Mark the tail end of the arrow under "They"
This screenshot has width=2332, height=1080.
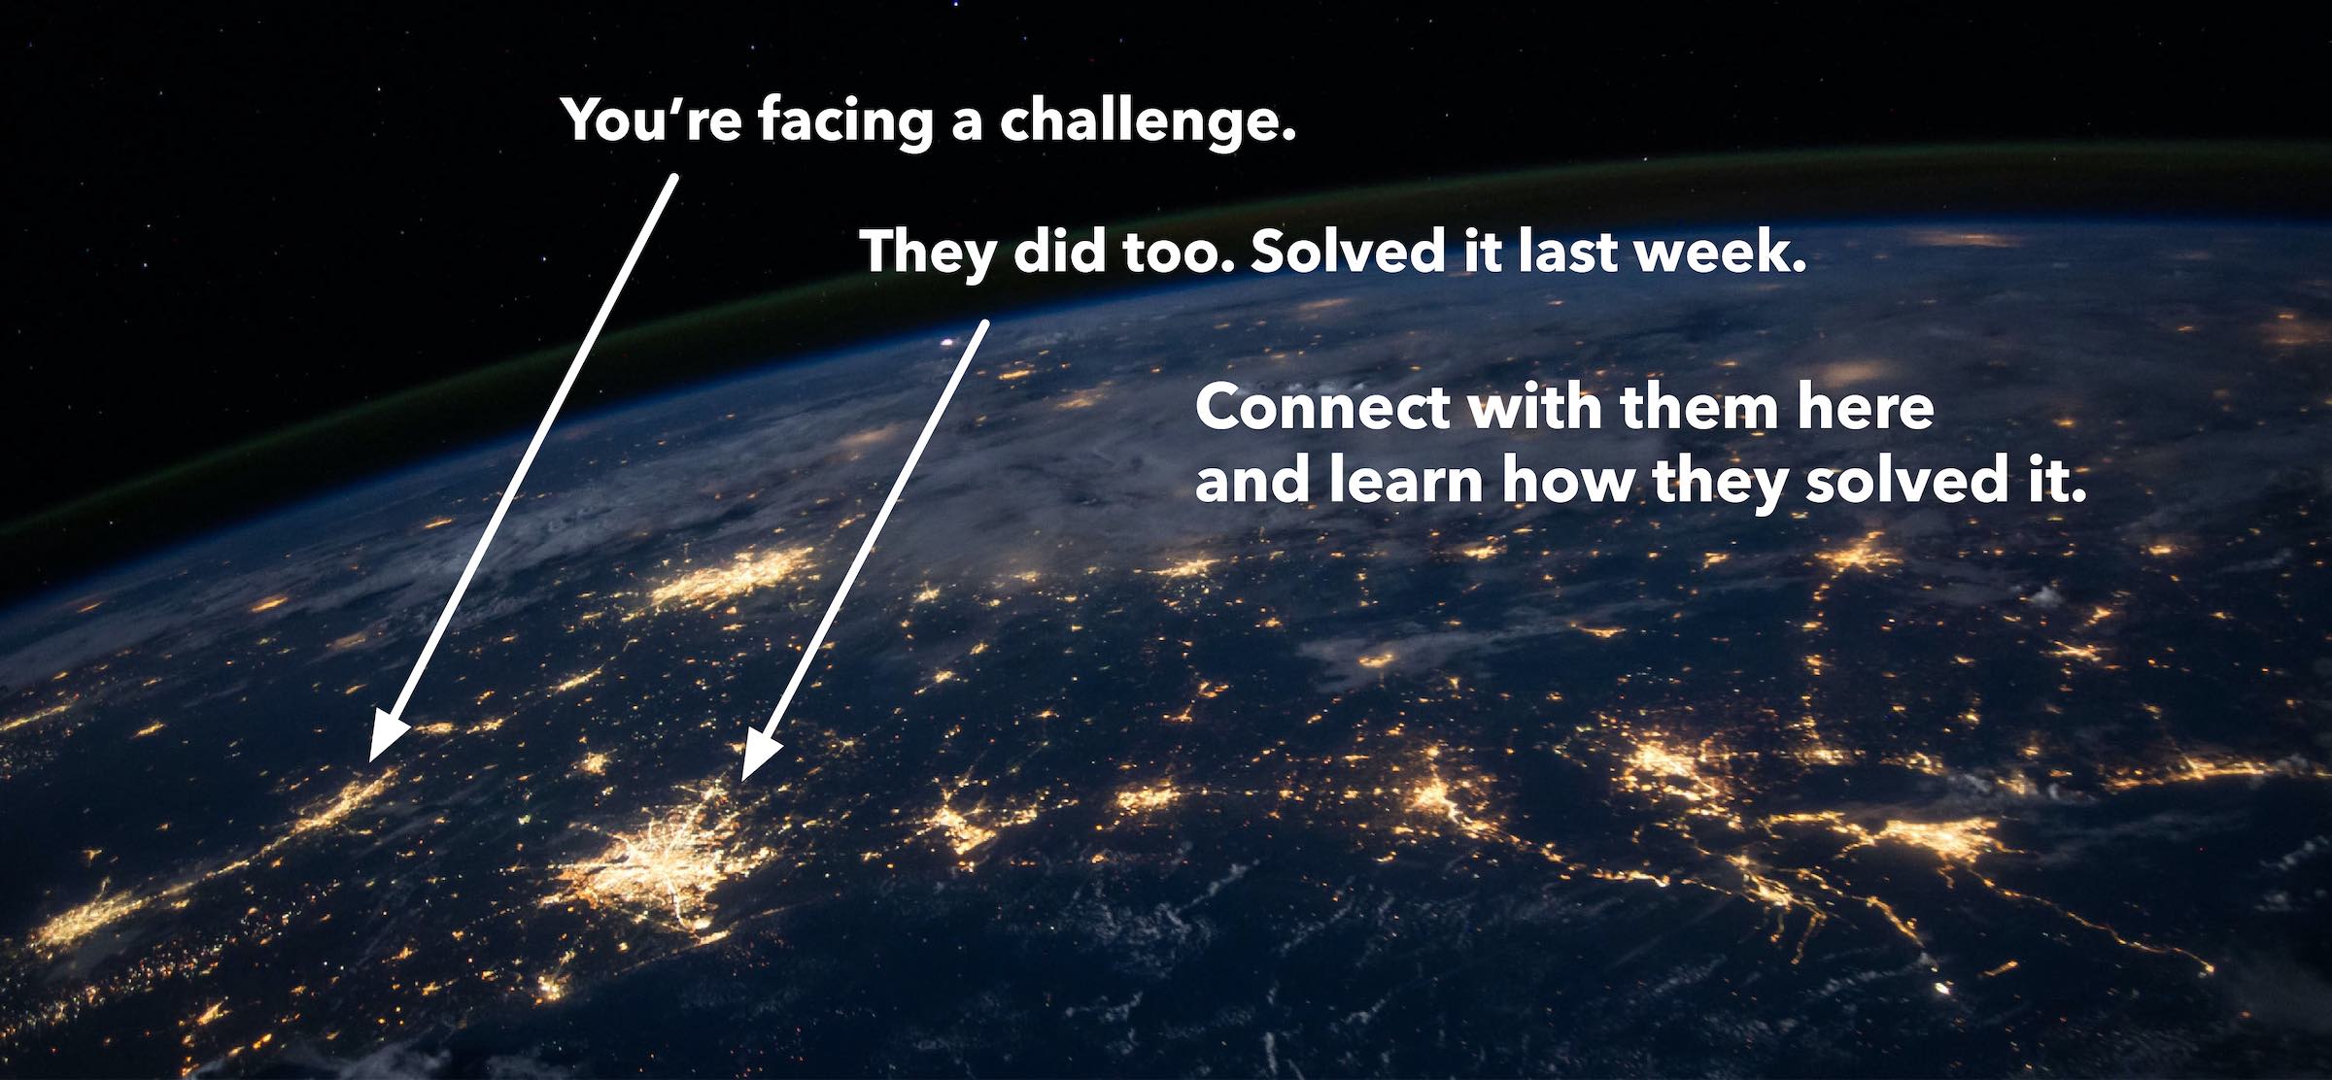coord(985,323)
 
